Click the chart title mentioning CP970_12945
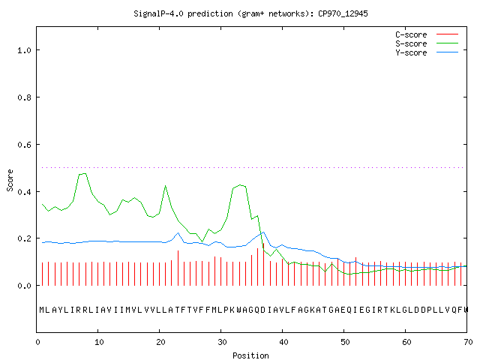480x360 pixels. pyautogui.click(x=250, y=13)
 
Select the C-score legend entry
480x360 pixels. pyautogui.click(x=427, y=34)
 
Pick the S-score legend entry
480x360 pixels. pyautogui.click(x=427, y=43)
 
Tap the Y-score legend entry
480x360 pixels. pyautogui.click(x=427, y=52)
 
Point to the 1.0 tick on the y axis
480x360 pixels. pyautogui.click(x=24, y=50)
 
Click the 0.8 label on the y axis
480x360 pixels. pyautogui.click(x=24, y=97)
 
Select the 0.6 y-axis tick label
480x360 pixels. pyautogui.click(x=24, y=145)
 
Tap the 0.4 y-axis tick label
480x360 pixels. pyautogui.click(x=24, y=192)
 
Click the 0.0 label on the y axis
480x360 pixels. pyautogui.click(x=24, y=286)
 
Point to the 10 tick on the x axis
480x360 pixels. pyautogui.click(x=99, y=342)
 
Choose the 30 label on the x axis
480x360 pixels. pyautogui.click(x=222, y=342)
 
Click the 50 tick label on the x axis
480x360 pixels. pyautogui.click(x=345, y=342)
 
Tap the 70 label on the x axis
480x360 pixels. pyautogui.click(x=468, y=342)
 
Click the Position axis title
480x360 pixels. pyautogui.click(x=250, y=355)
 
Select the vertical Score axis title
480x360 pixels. pyautogui.click(x=10, y=180)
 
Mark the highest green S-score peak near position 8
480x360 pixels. pyautogui.click(x=82, y=174)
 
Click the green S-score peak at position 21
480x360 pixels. pyautogui.click(x=165, y=185)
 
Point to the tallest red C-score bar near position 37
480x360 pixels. pyautogui.click(x=263, y=264)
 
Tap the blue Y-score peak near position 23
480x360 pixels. pyautogui.click(x=178, y=233)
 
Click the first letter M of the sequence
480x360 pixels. pyautogui.click(x=42, y=310)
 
